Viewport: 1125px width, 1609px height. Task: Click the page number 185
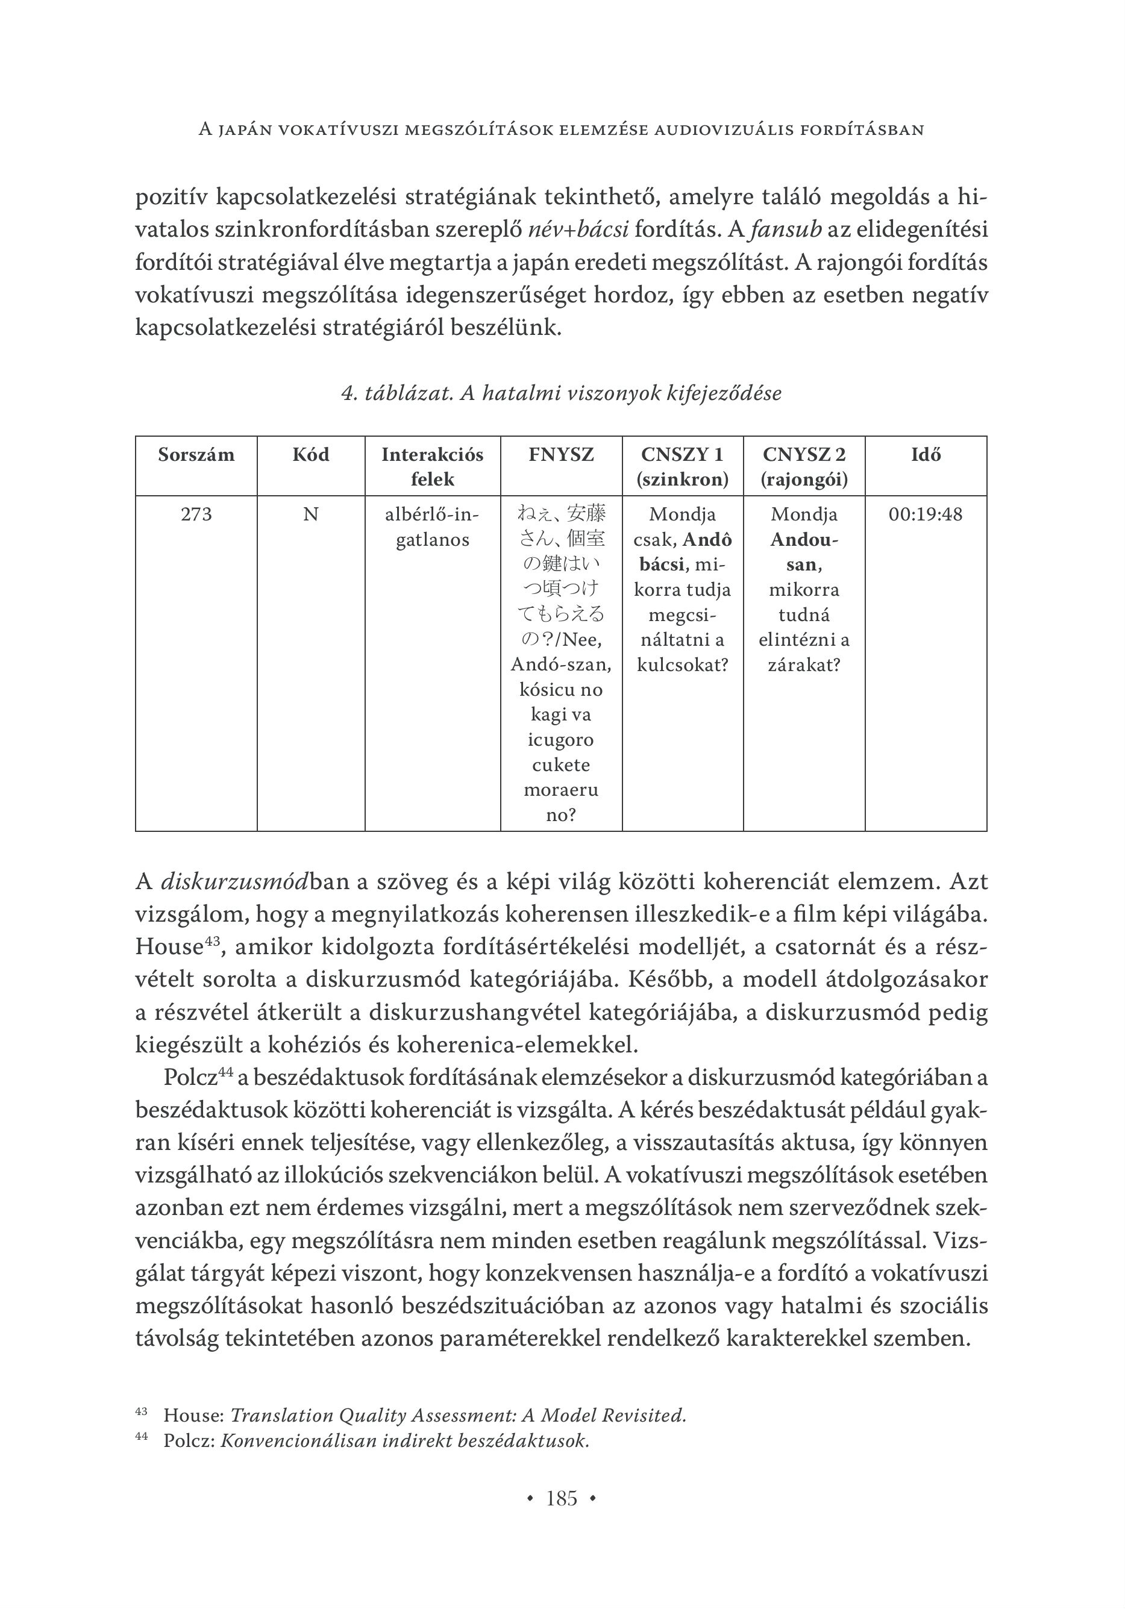point(562,1498)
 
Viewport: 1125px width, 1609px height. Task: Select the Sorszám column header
point(196,455)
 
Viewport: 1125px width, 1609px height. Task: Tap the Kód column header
point(310,455)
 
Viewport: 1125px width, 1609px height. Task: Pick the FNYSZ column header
point(561,455)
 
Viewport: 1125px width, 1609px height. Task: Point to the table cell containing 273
point(196,514)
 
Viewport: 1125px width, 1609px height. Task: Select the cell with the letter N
point(310,514)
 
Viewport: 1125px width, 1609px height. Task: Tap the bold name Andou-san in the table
point(804,552)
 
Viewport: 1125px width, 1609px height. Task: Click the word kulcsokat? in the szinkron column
point(682,664)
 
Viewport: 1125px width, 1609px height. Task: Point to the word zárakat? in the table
point(804,664)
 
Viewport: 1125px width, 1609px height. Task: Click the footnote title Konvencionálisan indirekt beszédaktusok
point(404,1441)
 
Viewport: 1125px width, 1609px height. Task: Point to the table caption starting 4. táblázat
point(561,393)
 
